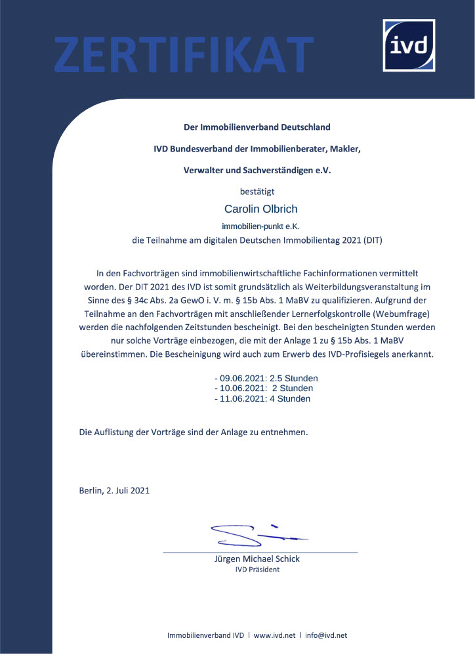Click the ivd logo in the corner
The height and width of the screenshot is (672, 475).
[409, 45]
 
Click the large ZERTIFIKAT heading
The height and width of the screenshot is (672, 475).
[184, 54]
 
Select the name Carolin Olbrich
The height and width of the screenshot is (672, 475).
[260, 209]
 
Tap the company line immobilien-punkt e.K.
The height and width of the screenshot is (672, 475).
[260, 226]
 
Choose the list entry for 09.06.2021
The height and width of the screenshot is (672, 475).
[266, 379]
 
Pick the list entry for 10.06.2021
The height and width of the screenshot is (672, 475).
[263, 388]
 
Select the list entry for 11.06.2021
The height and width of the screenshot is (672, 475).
[262, 398]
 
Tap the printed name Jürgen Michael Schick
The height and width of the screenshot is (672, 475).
[257, 558]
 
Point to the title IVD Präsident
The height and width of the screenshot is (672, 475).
[257, 569]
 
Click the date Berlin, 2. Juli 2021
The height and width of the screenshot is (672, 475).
[114, 490]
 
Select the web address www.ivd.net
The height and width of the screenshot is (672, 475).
[274, 635]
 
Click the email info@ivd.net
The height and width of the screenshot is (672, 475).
[326, 635]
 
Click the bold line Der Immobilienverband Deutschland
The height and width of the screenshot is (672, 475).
[257, 127]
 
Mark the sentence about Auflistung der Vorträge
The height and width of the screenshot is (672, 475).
[193, 432]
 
